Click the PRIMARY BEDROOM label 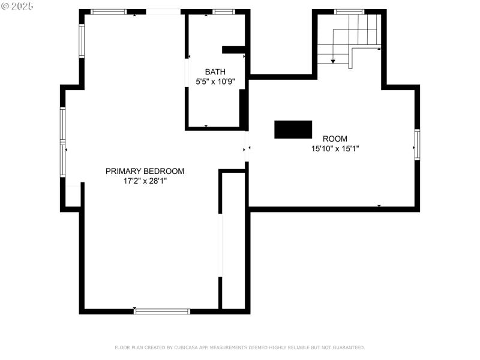pos(145,171)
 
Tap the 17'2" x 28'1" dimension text pos(145,181)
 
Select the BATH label pos(215,71)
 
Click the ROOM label pos(335,139)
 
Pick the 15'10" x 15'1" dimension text pos(335,148)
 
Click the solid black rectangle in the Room pos(293,129)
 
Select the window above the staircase pos(349,11)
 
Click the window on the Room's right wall pos(417,145)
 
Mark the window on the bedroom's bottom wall pos(162,311)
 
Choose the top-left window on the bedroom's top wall pos(109,11)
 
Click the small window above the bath pos(224,11)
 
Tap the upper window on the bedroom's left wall pos(82,41)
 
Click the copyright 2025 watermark pos(18,6)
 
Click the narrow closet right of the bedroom pos(234,240)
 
